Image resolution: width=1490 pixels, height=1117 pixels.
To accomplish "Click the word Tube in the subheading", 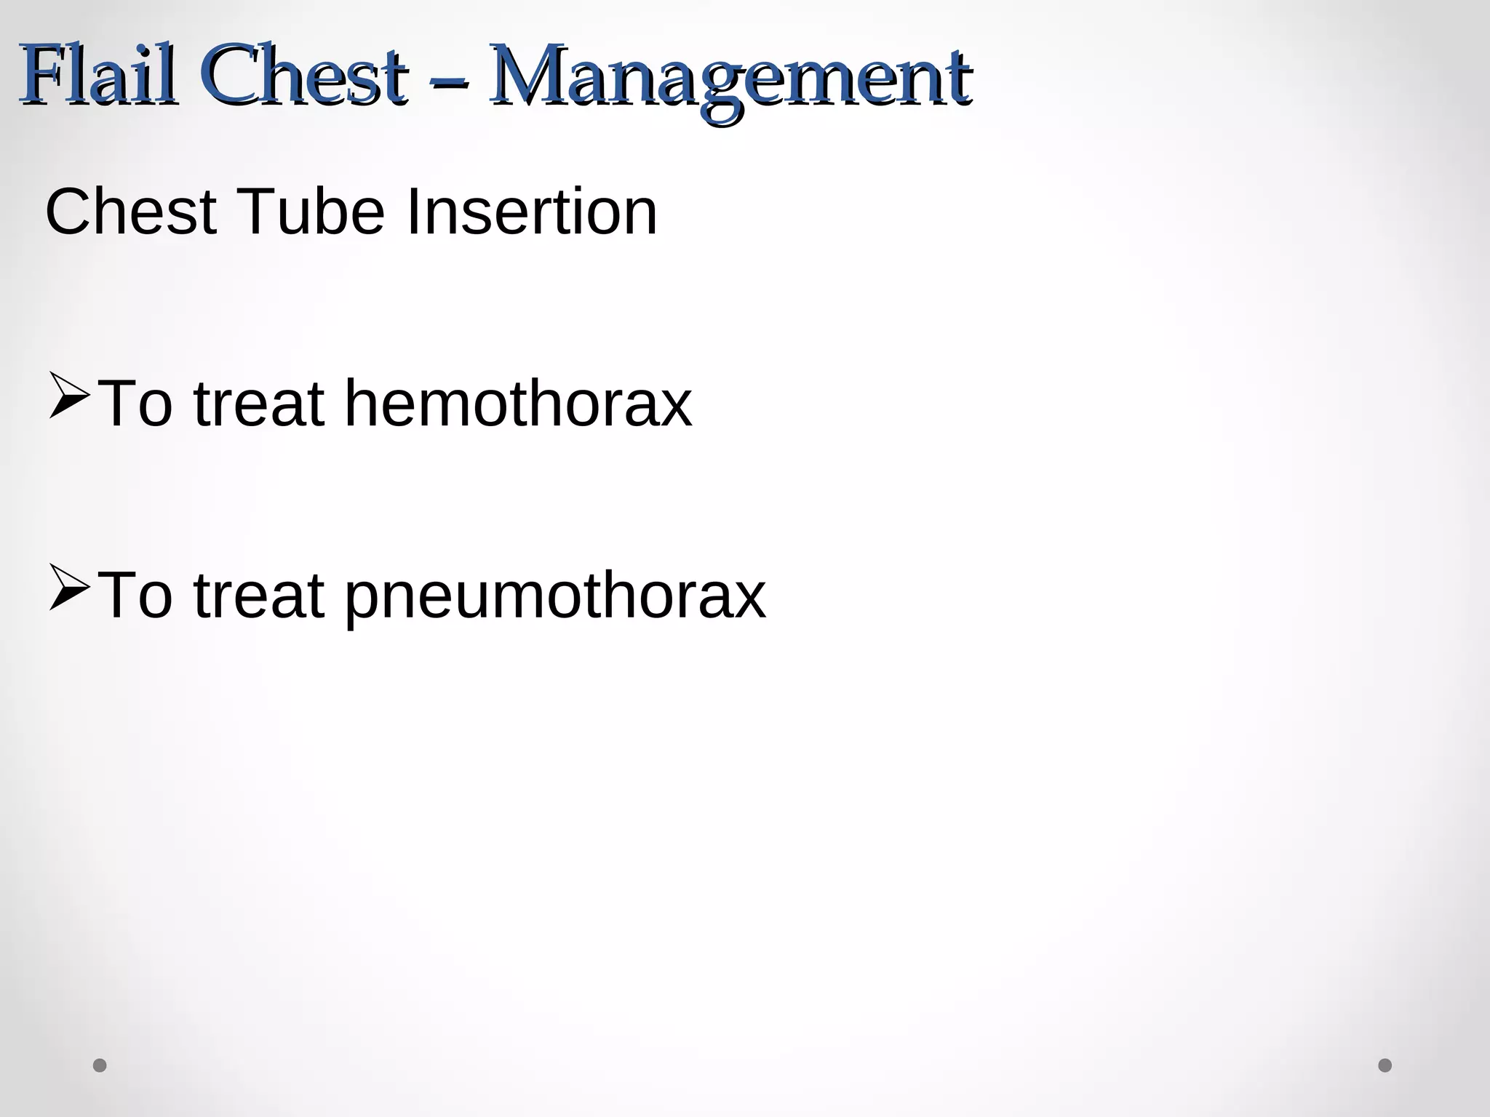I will [x=311, y=212].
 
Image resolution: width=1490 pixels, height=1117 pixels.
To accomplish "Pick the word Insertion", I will [x=532, y=212].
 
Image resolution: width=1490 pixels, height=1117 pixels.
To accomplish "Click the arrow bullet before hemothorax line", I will [x=69, y=396].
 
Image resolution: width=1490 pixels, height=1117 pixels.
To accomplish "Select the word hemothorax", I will [x=517, y=403].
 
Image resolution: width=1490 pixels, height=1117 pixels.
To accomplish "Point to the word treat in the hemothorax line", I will [x=258, y=404].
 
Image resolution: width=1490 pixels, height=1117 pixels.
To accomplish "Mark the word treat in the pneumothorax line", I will [x=258, y=596].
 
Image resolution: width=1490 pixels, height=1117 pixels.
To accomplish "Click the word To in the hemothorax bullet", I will [x=135, y=404].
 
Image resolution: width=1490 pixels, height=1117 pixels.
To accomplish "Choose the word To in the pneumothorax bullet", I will [x=135, y=596].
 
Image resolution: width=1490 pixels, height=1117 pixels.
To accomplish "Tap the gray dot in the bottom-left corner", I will [x=100, y=1065].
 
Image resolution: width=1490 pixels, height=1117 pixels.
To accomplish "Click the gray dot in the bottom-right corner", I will [x=1385, y=1065].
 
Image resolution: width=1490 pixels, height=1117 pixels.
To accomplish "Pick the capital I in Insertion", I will [x=412, y=212].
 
